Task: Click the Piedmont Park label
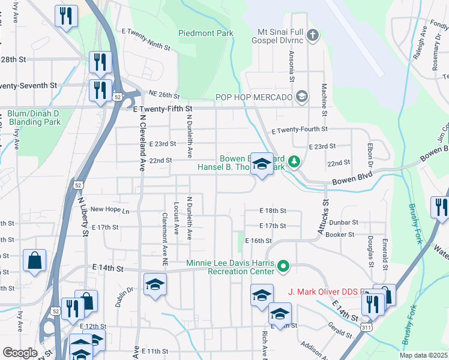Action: (x=205, y=34)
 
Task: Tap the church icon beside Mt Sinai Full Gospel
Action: (x=312, y=35)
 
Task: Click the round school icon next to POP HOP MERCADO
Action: (x=301, y=96)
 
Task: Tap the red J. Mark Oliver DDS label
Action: (x=324, y=292)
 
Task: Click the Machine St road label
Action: (x=324, y=100)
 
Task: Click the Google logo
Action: (x=20, y=353)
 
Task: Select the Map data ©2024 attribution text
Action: (x=423, y=355)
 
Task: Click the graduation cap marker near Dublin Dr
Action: (x=155, y=284)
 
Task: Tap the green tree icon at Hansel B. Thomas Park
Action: (x=294, y=161)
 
